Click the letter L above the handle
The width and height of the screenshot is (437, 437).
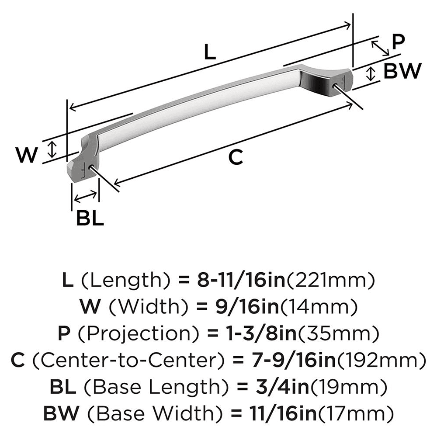click(x=210, y=53)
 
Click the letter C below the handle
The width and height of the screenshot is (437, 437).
click(x=236, y=157)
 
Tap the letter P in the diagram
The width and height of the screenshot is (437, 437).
click(x=398, y=42)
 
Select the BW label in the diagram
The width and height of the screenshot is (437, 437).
click(x=402, y=71)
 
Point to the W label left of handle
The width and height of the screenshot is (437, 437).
click(x=26, y=155)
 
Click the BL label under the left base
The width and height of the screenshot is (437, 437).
click(x=90, y=218)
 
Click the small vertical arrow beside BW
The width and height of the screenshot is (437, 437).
click(x=371, y=73)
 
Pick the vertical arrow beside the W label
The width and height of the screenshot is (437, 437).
click(x=52, y=149)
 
